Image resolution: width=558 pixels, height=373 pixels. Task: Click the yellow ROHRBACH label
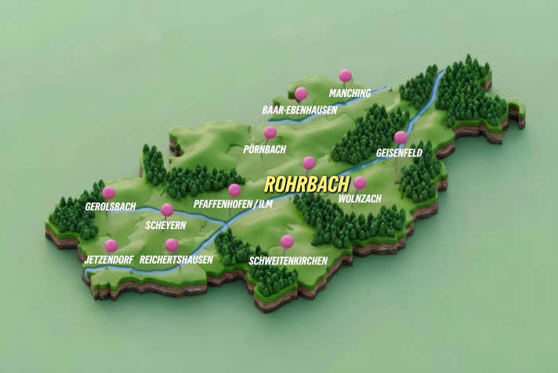(306, 185)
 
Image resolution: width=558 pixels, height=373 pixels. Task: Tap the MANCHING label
(350, 93)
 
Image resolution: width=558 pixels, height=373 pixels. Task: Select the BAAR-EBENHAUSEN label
(299, 110)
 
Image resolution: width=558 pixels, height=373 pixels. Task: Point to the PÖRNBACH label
(264, 149)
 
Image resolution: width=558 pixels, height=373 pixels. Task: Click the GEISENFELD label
(399, 152)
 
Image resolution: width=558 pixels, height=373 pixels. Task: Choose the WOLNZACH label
(360, 199)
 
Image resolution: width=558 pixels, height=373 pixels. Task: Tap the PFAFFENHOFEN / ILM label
(232, 205)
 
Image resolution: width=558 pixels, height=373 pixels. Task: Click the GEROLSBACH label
(111, 206)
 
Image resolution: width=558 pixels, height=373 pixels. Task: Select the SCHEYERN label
(165, 225)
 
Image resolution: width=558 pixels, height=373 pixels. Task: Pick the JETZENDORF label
(109, 259)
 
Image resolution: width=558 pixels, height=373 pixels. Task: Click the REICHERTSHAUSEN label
(176, 259)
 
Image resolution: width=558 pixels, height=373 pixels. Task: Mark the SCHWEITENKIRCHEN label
(288, 260)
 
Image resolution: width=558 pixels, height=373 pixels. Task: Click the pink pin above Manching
(345, 76)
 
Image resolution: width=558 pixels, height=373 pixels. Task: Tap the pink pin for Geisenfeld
(400, 138)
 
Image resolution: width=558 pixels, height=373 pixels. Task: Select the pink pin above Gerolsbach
(109, 192)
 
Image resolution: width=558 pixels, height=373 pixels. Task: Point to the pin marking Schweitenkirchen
(287, 242)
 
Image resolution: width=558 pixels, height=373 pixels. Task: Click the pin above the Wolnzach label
(360, 183)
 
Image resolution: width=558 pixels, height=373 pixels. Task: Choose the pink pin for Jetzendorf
(111, 246)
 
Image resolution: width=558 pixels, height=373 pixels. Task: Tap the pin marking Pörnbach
(270, 133)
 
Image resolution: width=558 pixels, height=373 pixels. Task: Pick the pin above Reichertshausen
(172, 246)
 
